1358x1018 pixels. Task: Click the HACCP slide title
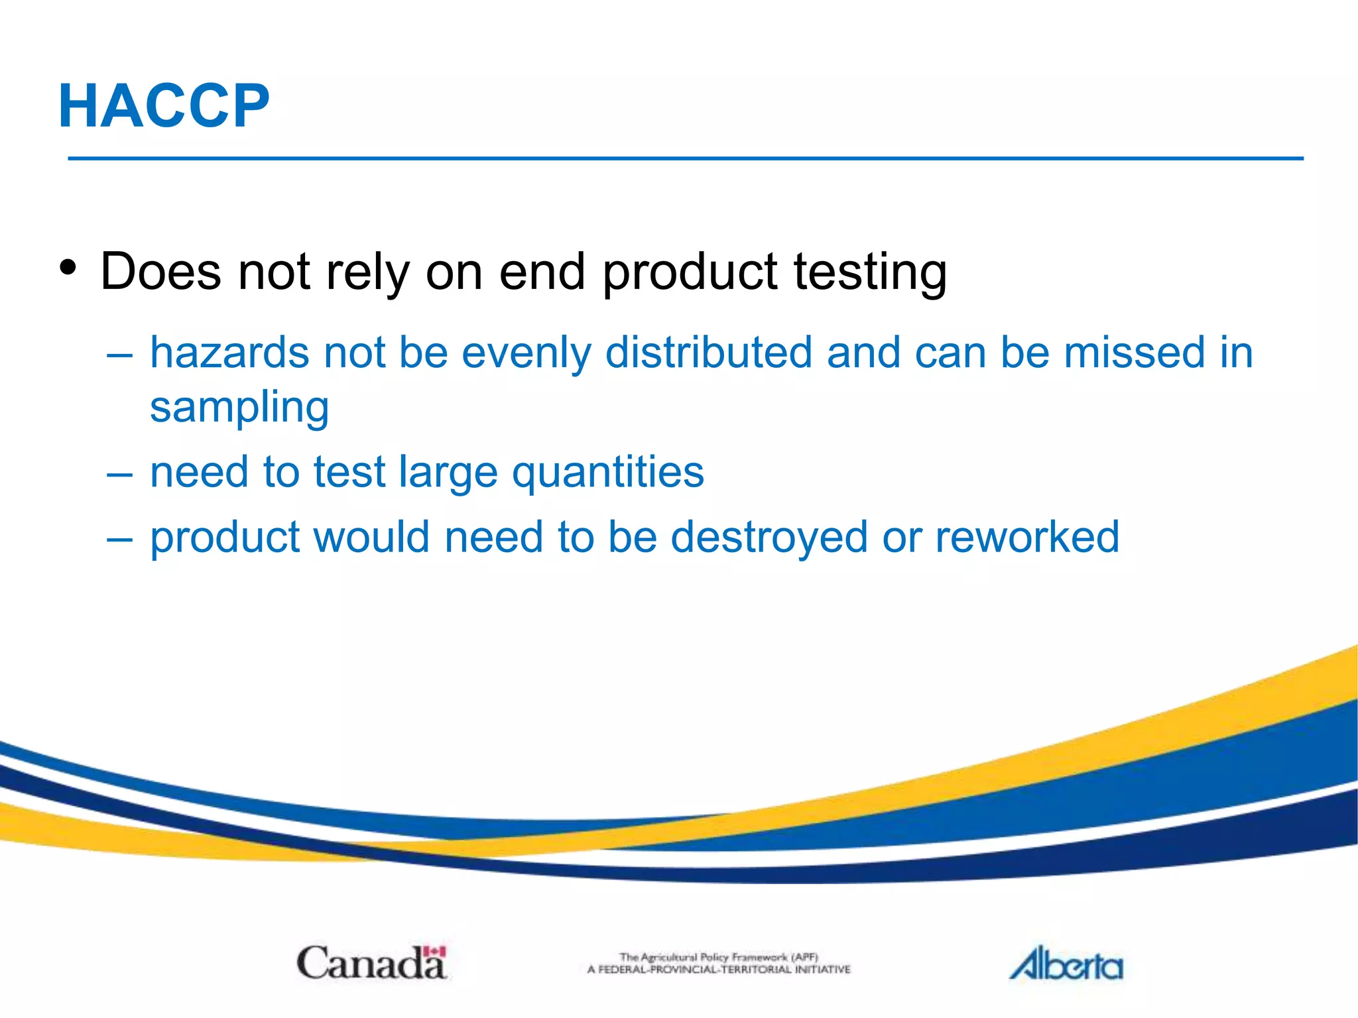[164, 106]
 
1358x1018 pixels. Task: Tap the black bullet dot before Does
[68, 268]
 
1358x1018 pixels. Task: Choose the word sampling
[239, 408]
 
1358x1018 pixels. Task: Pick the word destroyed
[769, 537]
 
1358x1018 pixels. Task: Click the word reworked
[1027, 537]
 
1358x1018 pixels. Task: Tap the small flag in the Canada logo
[435, 952]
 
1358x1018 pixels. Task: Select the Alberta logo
[1066, 964]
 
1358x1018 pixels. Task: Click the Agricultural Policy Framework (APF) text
[719, 957]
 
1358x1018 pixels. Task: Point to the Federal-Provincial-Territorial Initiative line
[719, 970]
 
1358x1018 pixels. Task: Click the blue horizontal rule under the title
[686, 158]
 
